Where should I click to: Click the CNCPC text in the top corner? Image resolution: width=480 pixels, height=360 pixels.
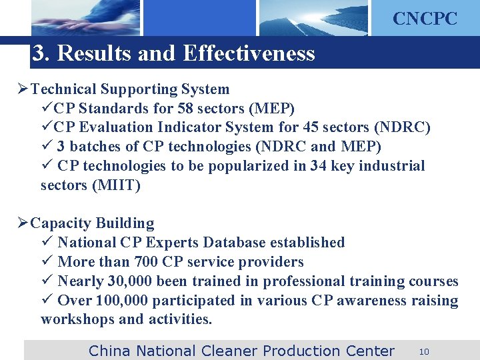[x=425, y=19]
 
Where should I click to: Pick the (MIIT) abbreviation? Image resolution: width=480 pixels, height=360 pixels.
[x=118, y=185]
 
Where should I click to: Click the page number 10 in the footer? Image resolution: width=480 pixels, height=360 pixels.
[x=424, y=351]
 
